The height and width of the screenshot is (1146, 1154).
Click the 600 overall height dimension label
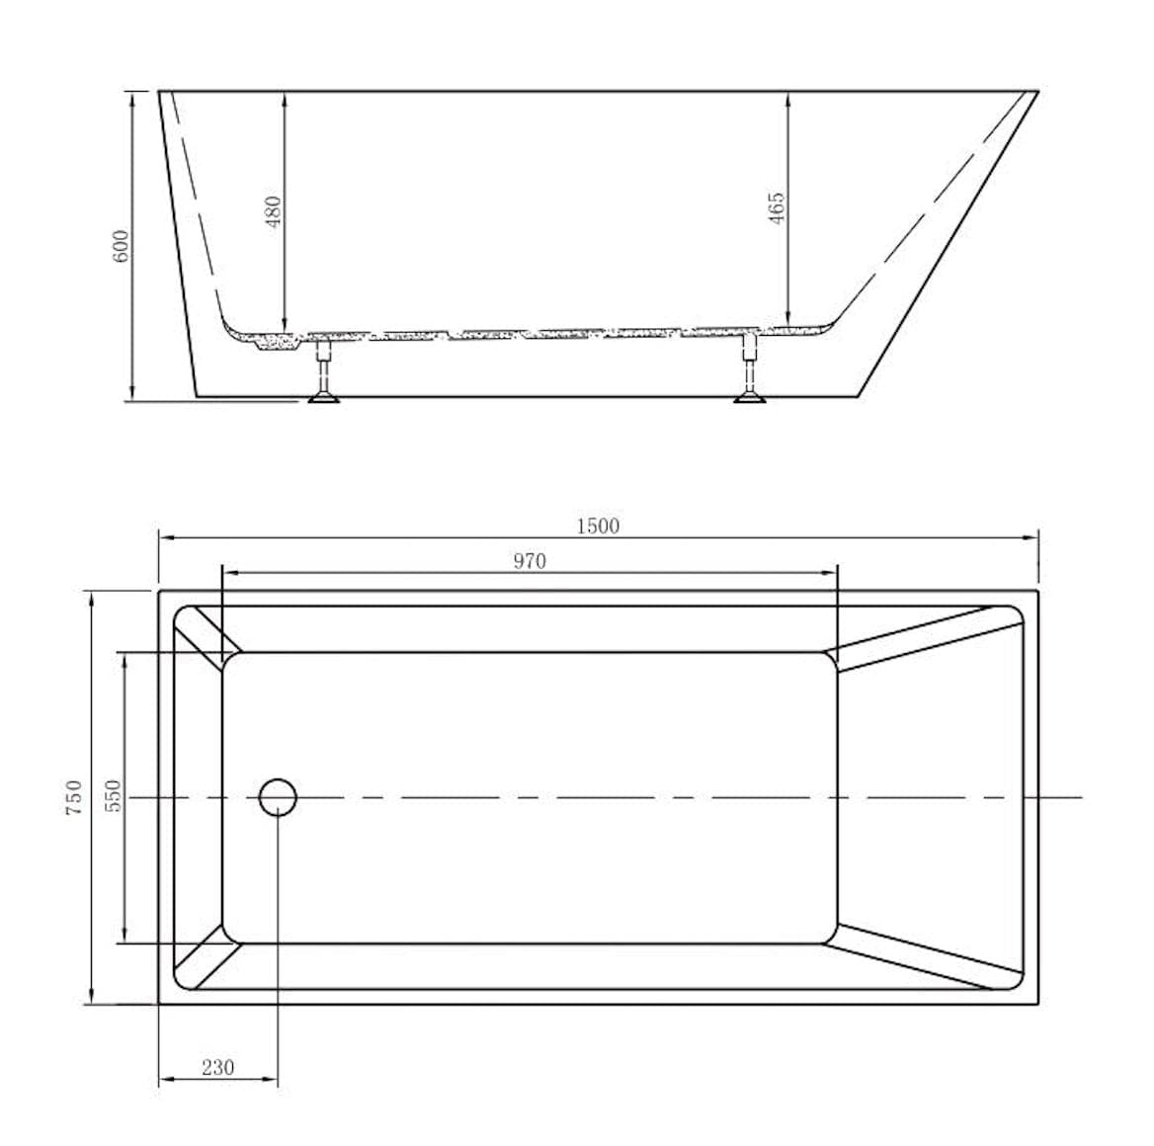click(120, 245)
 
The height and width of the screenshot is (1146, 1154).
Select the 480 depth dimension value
click(274, 210)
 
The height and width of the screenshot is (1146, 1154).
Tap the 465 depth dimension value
click(777, 208)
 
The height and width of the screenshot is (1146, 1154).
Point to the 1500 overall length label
click(598, 526)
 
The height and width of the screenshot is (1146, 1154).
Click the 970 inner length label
click(530, 561)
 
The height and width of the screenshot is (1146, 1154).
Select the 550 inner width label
click(113, 796)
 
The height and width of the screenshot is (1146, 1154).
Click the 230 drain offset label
click(217, 1068)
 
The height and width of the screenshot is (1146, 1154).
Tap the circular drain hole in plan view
click(279, 796)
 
